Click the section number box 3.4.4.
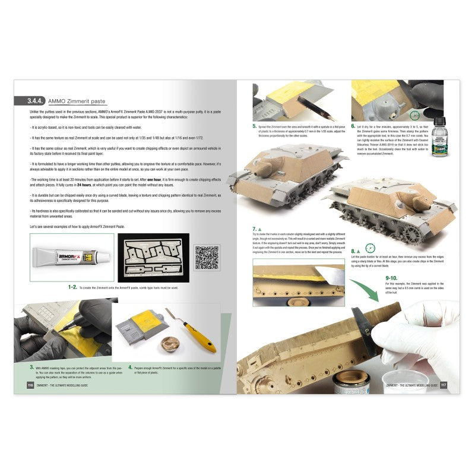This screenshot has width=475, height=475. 30,102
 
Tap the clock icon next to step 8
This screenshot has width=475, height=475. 371,249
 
